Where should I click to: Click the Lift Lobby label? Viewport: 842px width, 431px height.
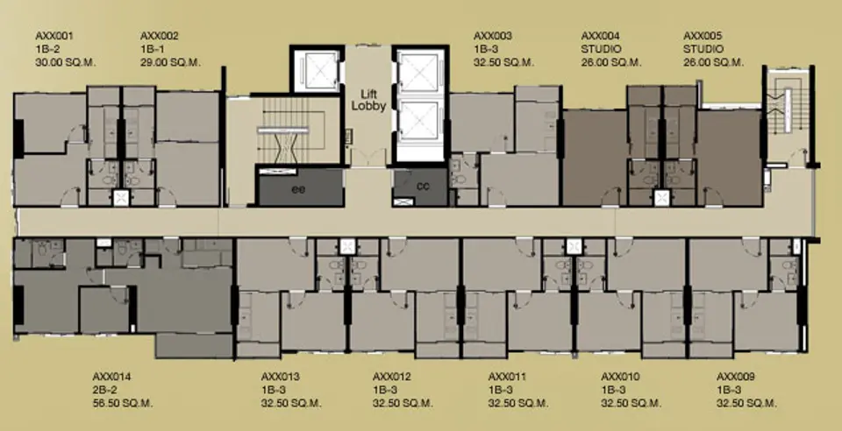click(368, 99)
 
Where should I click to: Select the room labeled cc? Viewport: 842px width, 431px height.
click(422, 186)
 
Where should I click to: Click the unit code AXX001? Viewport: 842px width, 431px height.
click(54, 37)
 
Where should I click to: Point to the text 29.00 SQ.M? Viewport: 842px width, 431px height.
click(170, 62)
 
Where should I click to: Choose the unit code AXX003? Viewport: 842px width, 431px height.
click(492, 37)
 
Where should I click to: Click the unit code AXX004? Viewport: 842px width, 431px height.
click(600, 37)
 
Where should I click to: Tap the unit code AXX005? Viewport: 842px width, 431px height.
click(703, 37)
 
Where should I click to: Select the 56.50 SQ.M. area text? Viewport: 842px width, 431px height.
click(123, 403)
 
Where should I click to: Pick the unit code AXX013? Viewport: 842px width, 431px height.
click(281, 377)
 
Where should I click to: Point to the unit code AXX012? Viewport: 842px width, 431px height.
click(392, 377)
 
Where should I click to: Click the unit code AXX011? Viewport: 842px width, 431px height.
click(508, 377)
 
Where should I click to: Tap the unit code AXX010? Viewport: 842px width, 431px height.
click(620, 377)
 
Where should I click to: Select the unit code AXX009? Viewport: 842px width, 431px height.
click(736, 377)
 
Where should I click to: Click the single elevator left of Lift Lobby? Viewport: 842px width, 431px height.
click(318, 69)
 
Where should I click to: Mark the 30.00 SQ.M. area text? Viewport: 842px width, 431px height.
click(66, 62)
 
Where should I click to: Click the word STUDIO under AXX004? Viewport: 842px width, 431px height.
click(602, 49)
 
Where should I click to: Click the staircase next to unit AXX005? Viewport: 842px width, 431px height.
click(788, 114)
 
